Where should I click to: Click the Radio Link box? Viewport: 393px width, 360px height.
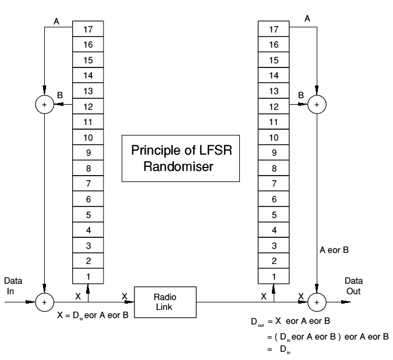click(165, 302)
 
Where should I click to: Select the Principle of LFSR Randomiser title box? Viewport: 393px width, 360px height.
click(180, 158)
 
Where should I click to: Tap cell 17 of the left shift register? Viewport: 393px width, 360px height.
click(88, 29)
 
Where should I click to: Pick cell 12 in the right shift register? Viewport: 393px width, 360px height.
click(274, 106)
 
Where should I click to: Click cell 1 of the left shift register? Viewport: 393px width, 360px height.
click(88, 276)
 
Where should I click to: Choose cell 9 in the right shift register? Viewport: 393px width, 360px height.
click(274, 152)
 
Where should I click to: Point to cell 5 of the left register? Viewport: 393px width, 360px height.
click(88, 214)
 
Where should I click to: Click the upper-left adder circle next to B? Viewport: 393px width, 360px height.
click(45, 105)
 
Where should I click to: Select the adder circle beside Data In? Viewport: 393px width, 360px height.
click(45, 302)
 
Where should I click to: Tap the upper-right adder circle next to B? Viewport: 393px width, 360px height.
click(317, 105)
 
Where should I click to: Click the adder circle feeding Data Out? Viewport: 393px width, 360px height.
click(317, 302)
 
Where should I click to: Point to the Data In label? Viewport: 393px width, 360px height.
click(13, 286)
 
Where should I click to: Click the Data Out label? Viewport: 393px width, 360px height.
click(353, 286)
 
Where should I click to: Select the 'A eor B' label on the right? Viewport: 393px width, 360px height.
click(334, 250)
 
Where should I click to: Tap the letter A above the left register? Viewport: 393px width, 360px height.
click(56, 22)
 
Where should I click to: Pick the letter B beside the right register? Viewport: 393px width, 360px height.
click(301, 95)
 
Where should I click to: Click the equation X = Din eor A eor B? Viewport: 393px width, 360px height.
click(93, 315)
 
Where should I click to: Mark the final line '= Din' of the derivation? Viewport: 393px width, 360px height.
click(279, 349)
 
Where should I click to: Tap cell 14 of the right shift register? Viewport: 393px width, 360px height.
click(274, 75)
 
